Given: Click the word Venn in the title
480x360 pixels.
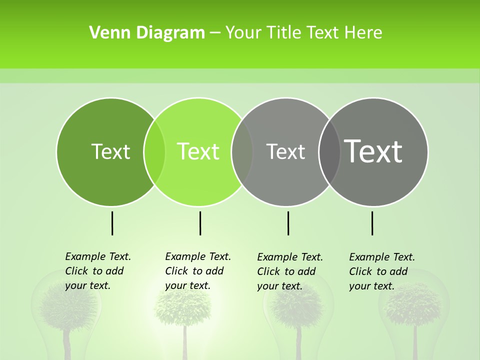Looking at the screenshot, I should coord(107,33).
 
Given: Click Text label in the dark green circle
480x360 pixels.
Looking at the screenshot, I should coord(110,151).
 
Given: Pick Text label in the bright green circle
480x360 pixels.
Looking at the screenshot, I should coord(198,151).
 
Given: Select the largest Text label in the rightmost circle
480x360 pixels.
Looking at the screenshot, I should coord(373,151).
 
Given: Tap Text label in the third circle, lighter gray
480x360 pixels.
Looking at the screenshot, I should coord(285,151).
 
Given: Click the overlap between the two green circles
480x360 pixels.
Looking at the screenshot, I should coord(154,151).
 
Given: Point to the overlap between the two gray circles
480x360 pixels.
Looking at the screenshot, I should coord(329,151).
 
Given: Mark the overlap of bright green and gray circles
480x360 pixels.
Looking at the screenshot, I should coord(242,151).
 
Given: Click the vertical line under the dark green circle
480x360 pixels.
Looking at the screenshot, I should coord(112,223).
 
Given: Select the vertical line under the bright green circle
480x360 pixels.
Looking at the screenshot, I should coord(200,223).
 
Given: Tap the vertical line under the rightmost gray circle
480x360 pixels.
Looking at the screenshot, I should coord(372,223).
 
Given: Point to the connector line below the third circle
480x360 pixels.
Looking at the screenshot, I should coord(288,223).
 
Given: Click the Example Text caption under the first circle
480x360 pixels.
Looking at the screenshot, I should coord(97,271).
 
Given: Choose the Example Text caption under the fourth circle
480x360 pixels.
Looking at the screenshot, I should coord(381,271).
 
